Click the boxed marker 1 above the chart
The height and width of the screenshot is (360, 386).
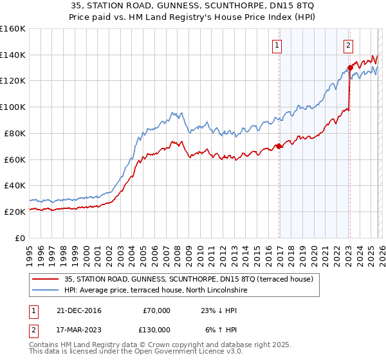[x=277, y=45]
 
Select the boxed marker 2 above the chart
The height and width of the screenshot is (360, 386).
[x=347, y=45]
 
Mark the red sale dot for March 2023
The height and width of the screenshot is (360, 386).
[x=349, y=67]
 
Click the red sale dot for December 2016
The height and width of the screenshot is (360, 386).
[x=279, y=146]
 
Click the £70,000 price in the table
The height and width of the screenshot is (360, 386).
[x=156, y=310]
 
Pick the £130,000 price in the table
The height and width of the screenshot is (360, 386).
[x=154, y=330]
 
